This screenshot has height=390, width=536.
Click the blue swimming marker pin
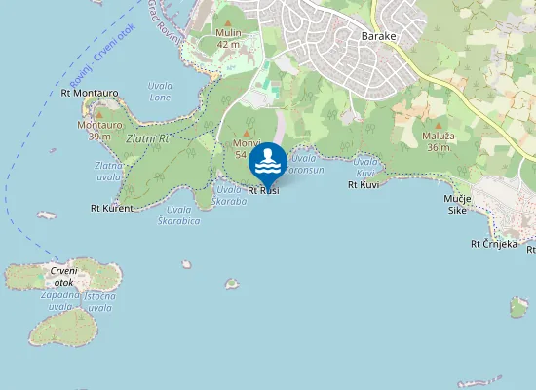coord(267,163)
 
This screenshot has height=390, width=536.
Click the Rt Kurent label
coord(111,208)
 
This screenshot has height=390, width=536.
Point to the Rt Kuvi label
coord(364,184)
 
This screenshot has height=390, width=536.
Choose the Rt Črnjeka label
coord(493,244)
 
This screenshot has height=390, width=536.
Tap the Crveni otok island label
coord(64,277)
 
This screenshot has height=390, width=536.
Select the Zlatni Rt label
coord(148,139)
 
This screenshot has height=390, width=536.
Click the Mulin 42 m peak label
coord(229,38)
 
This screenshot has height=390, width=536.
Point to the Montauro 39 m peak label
coord(99,131)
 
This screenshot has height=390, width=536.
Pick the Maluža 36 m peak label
coord(437,141)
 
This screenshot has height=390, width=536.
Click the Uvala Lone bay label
coord(159,92)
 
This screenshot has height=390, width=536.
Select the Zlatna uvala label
coord(108,171)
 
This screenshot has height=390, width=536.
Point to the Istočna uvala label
coord(100,300)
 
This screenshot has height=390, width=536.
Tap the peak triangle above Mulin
coord(229,20)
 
